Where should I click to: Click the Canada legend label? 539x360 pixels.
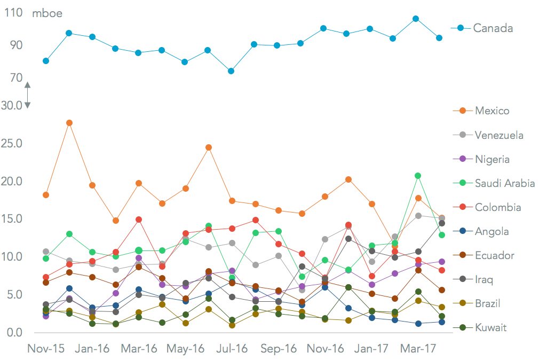tap(493, 28)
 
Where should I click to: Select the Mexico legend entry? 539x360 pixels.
tap(492, 111)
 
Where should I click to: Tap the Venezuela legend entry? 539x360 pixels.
tap(499, 135)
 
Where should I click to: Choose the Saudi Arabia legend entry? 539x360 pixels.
tap(504, 183)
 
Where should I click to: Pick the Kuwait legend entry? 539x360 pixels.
tap(490, 327)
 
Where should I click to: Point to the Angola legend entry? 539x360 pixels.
tap(491, 231)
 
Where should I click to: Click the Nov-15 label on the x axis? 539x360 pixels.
tap(46, 349)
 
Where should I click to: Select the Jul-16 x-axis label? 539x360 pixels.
tap(231, 349)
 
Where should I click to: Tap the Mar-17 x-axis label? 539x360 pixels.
tap(417, 349)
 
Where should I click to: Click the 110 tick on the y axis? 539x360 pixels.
tap(13, 13)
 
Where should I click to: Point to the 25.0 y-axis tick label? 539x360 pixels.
tap(12, 144)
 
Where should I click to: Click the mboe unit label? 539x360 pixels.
tap(47, 13)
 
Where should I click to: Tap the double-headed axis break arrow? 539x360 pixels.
tap(27, 95)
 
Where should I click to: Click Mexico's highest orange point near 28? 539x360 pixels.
tap(69, 123)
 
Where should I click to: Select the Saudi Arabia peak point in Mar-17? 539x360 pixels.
tap(418, 176)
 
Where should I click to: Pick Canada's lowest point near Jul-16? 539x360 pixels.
tap(231, 71)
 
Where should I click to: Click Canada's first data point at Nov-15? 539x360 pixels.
tap(46, 61)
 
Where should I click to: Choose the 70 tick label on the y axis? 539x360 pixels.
tap(14, 78)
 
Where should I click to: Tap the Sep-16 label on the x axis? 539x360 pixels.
tap(278, 349)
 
